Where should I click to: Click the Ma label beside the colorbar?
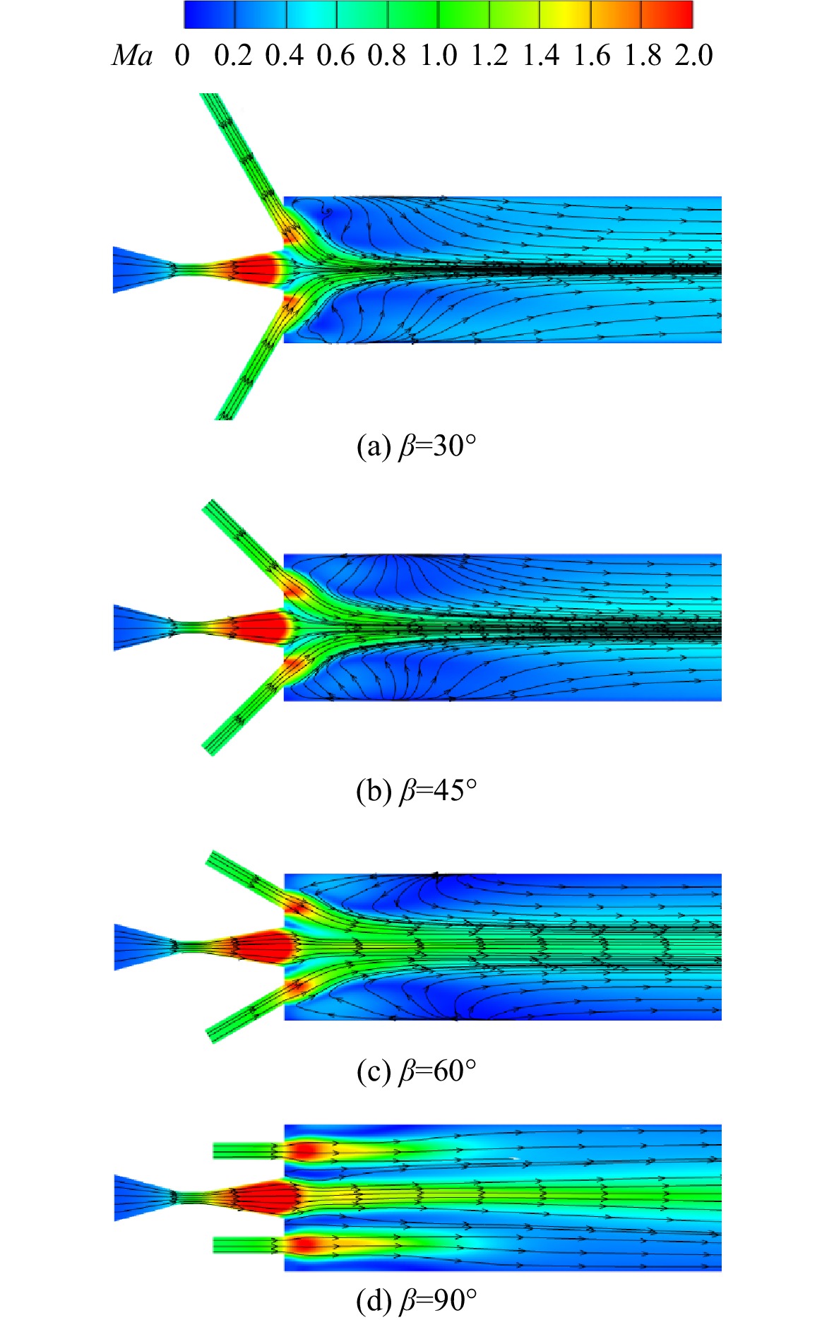[x=132, y=55]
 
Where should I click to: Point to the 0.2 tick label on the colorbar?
[x=233, y=55]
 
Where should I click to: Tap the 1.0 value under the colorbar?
[x=439, y=55]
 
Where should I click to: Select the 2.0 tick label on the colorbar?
[x=693, y=55]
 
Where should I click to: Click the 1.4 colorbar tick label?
[x=541, y=55]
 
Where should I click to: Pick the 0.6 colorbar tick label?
[x=335, y=55]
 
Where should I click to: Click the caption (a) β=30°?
[x=417, y=446]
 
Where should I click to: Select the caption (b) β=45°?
[x=417, y=791]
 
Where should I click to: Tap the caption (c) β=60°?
[x=417, y=1071]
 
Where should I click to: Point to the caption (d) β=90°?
[x=417, y=1300]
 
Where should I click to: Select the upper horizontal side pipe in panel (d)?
[x=248, y=1151]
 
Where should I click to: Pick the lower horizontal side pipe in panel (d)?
[x=248, y=1244]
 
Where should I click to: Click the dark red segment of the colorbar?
[x=667, y=14]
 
